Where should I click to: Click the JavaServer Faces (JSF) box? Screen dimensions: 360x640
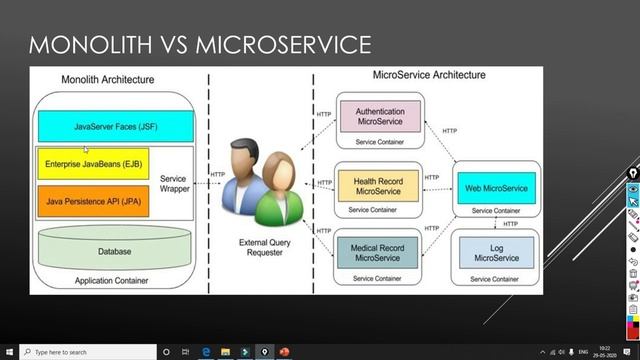(115, 127)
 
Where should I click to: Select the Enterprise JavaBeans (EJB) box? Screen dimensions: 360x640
(92, 162)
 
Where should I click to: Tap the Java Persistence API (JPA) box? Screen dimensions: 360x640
(92, 199)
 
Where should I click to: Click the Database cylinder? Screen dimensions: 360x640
(114, 250)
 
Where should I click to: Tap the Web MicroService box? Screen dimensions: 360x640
(496, 186)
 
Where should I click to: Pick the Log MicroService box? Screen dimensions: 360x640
(496, 252)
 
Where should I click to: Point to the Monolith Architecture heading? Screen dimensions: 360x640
(107, 78)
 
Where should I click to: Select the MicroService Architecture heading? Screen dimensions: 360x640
(428, 75)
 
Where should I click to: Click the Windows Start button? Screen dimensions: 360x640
(9, 352)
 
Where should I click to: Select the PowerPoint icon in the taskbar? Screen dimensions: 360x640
(285, 352)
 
